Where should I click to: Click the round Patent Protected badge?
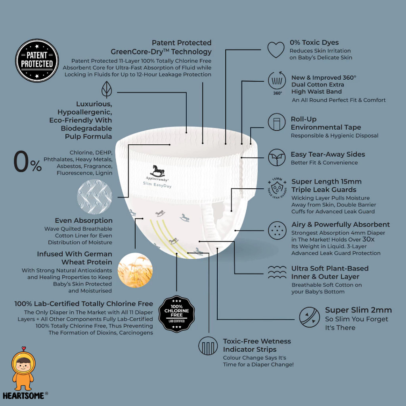pyautogui.click(x=37, y=60)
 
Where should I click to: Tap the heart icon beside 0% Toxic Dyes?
pyautogui.click(x=276, y=50)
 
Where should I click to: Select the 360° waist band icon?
pyautogui.click(x=277, y=83)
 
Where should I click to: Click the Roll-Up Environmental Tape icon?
pyautogui.click(x=276, y=122)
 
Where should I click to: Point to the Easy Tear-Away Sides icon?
pyautogui.click(x=276, y=157)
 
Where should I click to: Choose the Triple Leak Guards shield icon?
pyautogui.click(x=277, y=188)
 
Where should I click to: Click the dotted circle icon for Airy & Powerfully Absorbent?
pyautogui.click(x=277, y=230)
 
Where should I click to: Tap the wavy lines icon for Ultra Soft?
pyautogui.click(x=277, y=272)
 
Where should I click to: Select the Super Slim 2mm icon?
pyautogui.click(x=309, y=317)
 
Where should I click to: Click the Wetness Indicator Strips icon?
pyautogui.click(x=208, y=346)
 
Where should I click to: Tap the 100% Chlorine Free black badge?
pyautogui.click(x=176, y=314)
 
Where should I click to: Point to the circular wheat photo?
pyautogui.click(x=135, y=270)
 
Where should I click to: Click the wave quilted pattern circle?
pyautogui.click(x=94, y=197)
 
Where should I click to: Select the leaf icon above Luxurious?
pyautogui.click(x=107, y=90)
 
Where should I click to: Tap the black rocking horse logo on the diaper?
pyautogui.click(x=157, y=171)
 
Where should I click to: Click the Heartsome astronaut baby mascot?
pyautogui.click(x=23, y=368)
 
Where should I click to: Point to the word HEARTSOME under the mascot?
pyautogui.click(x=23, y=396)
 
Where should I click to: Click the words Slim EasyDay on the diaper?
pyautogui.click(x=157, y=185)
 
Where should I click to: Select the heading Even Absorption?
pyautogui.click(x=84, y=220)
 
